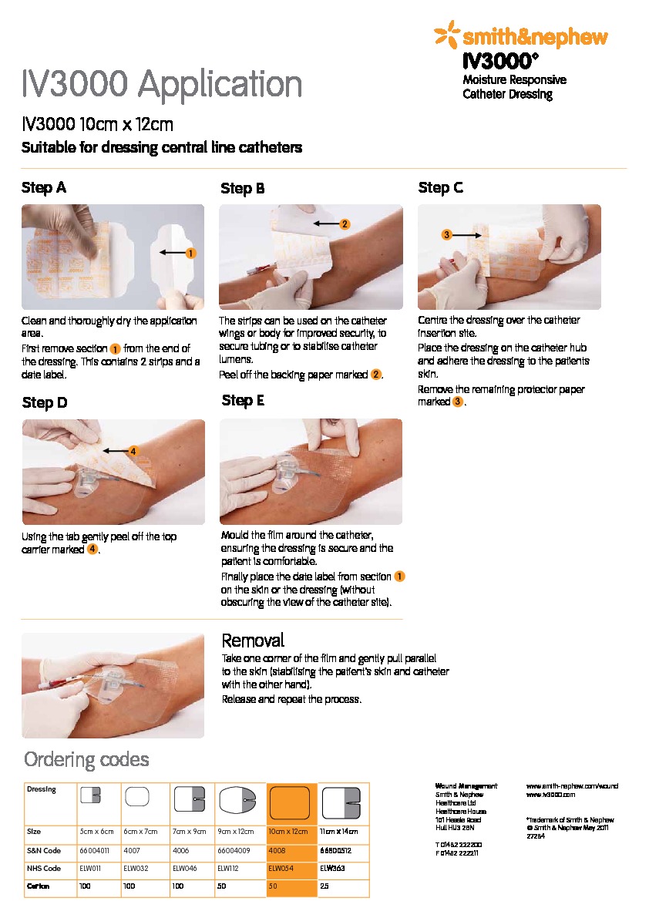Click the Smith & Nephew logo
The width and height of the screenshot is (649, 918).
coord(521,35)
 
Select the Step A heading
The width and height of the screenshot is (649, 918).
coord(44,187)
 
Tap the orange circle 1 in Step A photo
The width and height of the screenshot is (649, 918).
coord(190,252)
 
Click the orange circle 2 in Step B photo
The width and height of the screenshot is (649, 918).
coord(345,224)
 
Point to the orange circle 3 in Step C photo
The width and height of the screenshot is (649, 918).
coord(446,234)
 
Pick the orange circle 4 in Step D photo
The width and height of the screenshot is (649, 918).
coord(133,451)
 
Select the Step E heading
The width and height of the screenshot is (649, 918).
coord(243,400)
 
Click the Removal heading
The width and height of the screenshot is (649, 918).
coord(253,641)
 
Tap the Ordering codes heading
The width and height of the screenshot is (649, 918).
coord(86,760)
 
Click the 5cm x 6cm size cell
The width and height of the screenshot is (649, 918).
coord(96,832)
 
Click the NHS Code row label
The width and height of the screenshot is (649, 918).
coord(44,868)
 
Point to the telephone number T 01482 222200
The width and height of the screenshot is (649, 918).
coord(459,845)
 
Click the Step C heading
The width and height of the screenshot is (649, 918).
coord(440,187)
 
